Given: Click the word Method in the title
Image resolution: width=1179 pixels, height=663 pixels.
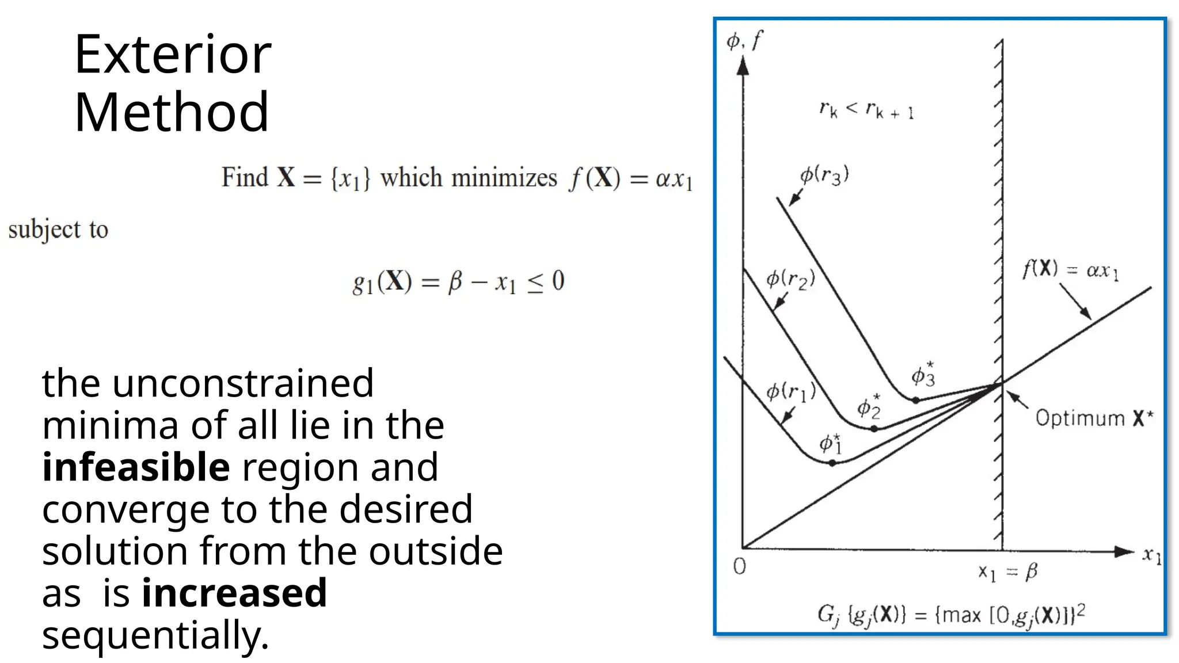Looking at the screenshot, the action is [171, 112].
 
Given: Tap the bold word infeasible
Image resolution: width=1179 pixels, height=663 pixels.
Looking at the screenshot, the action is [136, 467].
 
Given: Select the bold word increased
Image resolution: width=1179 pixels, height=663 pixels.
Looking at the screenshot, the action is [234, 593].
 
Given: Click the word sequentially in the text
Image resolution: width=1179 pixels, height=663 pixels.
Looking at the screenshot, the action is [155, 635].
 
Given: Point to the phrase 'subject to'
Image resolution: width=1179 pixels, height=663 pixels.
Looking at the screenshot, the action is [58, 230].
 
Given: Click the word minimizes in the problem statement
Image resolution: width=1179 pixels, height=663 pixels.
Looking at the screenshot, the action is [504, 178].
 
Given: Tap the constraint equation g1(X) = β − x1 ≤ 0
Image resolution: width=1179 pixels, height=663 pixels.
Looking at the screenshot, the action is [458, 282].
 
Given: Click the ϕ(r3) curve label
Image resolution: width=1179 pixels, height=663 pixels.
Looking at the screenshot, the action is [824, 175].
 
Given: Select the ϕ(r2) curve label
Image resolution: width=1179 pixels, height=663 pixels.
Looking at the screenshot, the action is [790, 279].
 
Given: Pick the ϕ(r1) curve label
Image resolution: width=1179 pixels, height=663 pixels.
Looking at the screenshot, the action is [790, 392].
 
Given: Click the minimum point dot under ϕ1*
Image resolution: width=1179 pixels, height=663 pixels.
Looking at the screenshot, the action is [832, 463].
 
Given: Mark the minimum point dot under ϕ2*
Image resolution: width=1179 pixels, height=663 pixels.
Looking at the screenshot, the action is [874, 429].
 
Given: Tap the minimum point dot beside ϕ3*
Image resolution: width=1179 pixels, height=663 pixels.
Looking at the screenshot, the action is [915, 400].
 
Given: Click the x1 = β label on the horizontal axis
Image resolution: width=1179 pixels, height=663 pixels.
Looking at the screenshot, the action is [1007, 572].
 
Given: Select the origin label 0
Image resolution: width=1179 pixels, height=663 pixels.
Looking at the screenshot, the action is [740, 567].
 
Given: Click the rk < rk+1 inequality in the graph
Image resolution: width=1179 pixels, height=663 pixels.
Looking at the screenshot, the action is [866, 109].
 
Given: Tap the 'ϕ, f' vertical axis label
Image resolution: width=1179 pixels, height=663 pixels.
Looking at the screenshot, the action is [744, 41].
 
